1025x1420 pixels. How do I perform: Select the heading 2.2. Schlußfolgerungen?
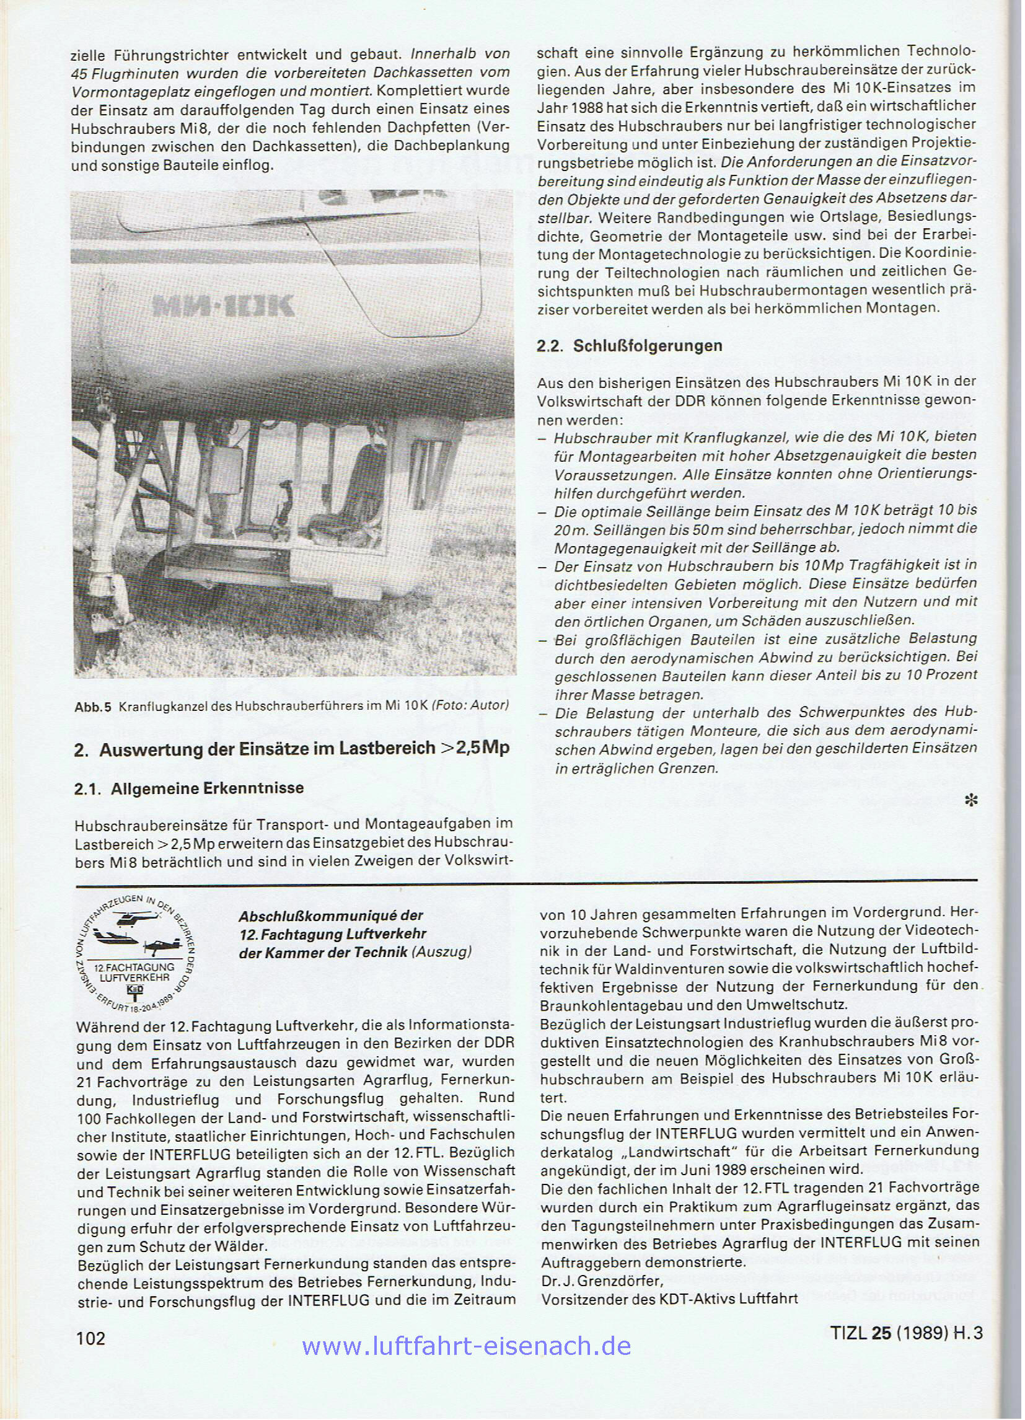click(629, 346)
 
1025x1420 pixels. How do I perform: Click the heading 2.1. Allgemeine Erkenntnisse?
click(188, 788)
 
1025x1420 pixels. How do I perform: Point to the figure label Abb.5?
click(92, 707)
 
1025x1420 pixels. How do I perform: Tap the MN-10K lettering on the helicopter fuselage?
click(223, 305)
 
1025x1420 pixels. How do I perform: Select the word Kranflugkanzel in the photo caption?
click(162, 707)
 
